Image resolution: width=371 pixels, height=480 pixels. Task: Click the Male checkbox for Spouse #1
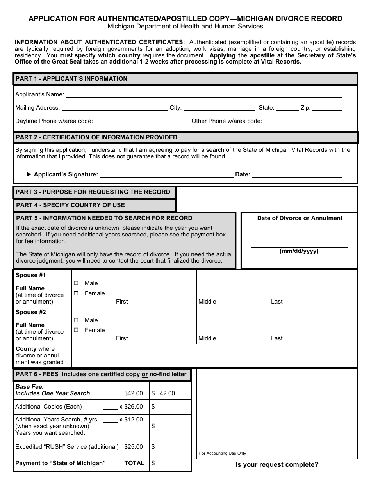(76, 283)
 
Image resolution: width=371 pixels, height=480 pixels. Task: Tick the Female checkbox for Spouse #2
(76, 330)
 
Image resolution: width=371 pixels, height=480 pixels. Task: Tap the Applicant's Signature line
(167, 174)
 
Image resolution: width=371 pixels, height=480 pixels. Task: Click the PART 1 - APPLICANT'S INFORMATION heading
(71, 79)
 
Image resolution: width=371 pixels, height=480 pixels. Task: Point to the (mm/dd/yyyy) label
(299, 251)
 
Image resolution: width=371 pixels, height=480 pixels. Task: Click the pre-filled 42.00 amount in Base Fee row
(167, 393)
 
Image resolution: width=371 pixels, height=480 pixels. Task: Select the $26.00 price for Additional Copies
(133, 407)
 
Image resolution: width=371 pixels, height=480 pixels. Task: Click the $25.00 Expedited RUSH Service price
(134, 446)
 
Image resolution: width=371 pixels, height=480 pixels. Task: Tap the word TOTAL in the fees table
(134, 463)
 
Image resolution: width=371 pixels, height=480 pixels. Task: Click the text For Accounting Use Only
(223, 453)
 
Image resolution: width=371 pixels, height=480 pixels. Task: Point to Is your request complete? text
(277, 464)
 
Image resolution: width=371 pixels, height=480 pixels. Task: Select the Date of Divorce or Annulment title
(300, 218)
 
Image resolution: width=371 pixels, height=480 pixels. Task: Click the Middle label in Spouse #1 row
(207, 302)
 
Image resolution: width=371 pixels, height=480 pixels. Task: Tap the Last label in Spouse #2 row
(276, 338)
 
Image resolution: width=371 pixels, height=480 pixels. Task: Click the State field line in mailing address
(287, 108)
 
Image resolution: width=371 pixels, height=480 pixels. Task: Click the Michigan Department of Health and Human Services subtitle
(185, 27)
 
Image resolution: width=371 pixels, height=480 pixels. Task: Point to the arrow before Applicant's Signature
(29, 174)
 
